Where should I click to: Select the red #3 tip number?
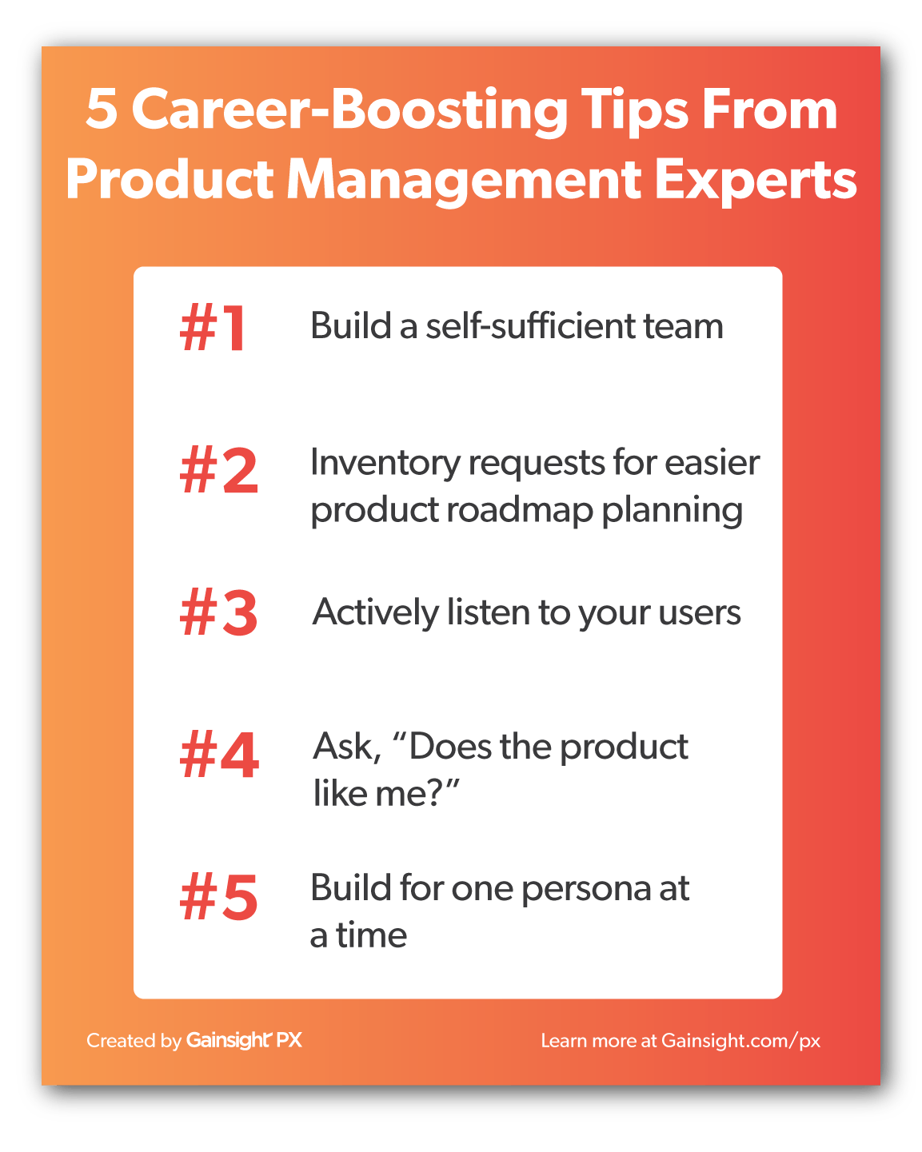[x=219, y=614]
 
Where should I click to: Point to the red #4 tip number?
[x=219, y=755]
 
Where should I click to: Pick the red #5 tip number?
[x=219, y=898]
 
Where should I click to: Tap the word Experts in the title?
[x=755, y=181]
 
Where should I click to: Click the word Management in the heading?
[x=464, y=181]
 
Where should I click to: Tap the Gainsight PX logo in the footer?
[x=244, y=1040]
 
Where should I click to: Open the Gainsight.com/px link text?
[x=740, y=1041]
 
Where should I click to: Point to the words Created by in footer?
[x=134, y=1041]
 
